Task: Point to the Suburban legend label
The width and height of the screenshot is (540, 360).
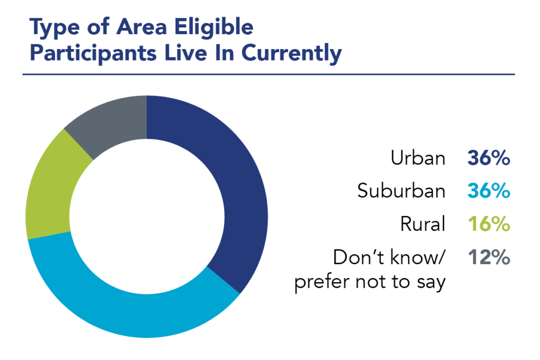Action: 401,191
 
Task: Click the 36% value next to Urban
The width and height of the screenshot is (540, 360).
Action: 488,158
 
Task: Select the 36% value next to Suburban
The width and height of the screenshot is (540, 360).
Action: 488,191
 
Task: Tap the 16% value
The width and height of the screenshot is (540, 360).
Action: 488,225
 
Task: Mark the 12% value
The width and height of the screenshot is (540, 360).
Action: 488,258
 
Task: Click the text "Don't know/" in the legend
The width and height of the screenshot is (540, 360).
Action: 390,258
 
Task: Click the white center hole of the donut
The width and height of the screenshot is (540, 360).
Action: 147,217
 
